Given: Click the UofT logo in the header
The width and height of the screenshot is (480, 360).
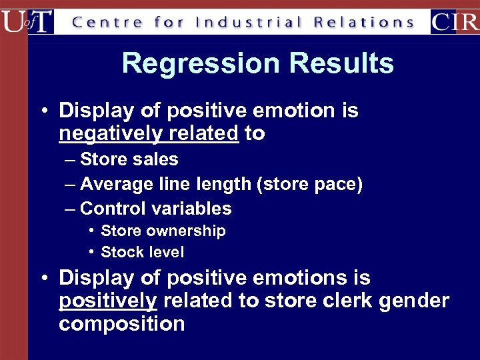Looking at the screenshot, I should click(27, 21).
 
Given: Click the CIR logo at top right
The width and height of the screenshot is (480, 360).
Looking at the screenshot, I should click(455, 21).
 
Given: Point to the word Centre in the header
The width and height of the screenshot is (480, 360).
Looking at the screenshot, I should click(107, 22).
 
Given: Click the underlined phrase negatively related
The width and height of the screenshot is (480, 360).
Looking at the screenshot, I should click(148, 134).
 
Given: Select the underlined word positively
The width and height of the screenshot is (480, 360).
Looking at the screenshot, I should click(108, 301).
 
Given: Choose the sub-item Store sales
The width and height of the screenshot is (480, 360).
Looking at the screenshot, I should click(129, 159).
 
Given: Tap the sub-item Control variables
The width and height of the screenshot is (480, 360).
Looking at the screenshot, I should click(155, 209).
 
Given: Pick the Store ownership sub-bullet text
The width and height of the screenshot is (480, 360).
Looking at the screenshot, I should click(163, 231).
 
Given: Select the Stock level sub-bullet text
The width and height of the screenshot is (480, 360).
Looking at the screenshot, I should click(142, 253).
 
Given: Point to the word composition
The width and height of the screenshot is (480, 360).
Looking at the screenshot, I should click(121, 324).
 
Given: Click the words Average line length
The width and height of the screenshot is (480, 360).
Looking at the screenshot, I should click(165, 184).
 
